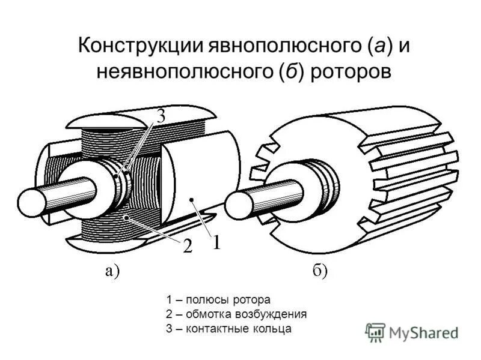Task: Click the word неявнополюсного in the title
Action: pos(180,71)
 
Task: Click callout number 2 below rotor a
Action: pos(187,247)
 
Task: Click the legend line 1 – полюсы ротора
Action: pos(218,299)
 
